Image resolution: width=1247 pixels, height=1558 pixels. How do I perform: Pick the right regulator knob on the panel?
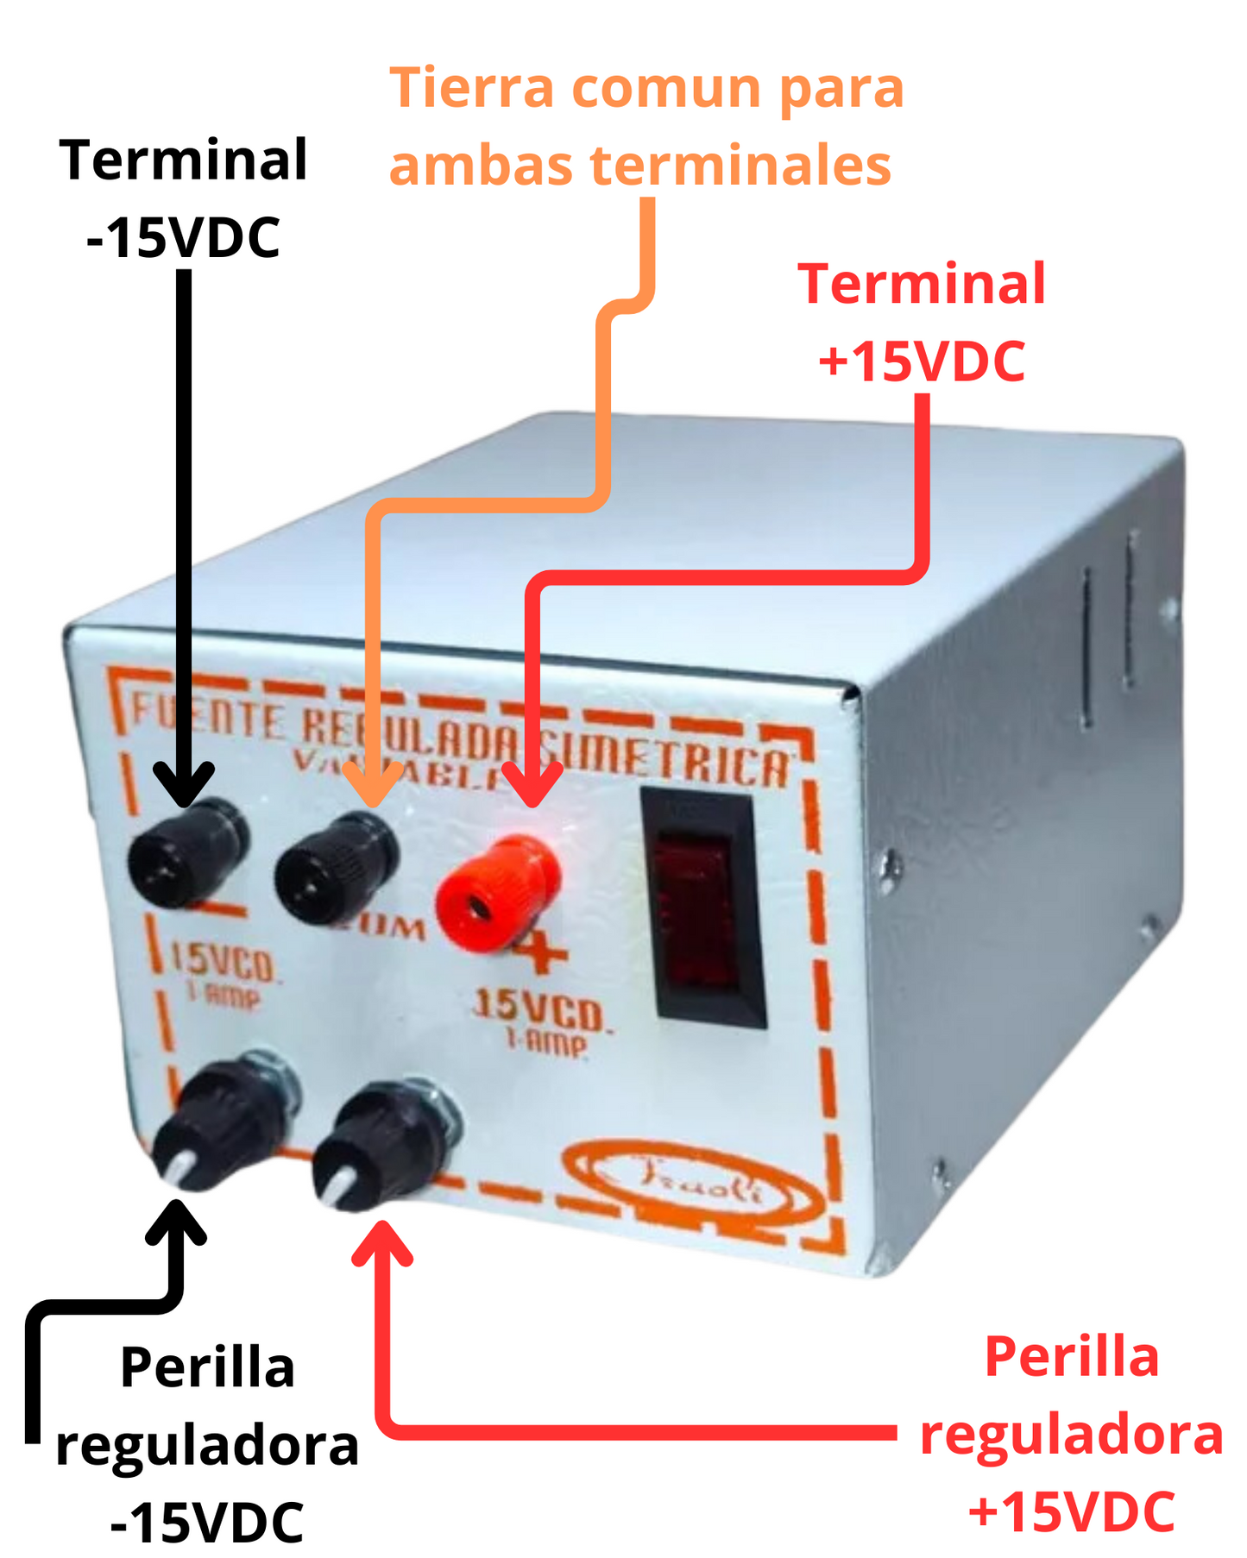point(383,1143)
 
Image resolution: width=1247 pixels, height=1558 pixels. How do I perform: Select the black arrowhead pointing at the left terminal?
point(184,784)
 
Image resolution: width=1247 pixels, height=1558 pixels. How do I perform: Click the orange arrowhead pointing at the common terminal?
point(373,784)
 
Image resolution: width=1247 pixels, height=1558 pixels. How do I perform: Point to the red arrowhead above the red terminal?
point(532,784)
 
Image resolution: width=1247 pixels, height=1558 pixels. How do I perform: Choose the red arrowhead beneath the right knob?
point(382,1241)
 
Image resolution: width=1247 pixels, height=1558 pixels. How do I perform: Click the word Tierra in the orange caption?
point(471,88)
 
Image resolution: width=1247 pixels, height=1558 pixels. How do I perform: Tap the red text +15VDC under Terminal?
point(922,361)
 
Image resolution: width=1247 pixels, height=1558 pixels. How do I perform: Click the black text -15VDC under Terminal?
point(183,236)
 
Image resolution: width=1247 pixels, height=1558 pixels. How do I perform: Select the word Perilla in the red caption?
point(1071,1357)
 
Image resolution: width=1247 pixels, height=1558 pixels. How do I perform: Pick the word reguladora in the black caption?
point(207,1445)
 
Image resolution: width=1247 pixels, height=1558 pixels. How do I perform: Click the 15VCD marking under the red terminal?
point(542,1008)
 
